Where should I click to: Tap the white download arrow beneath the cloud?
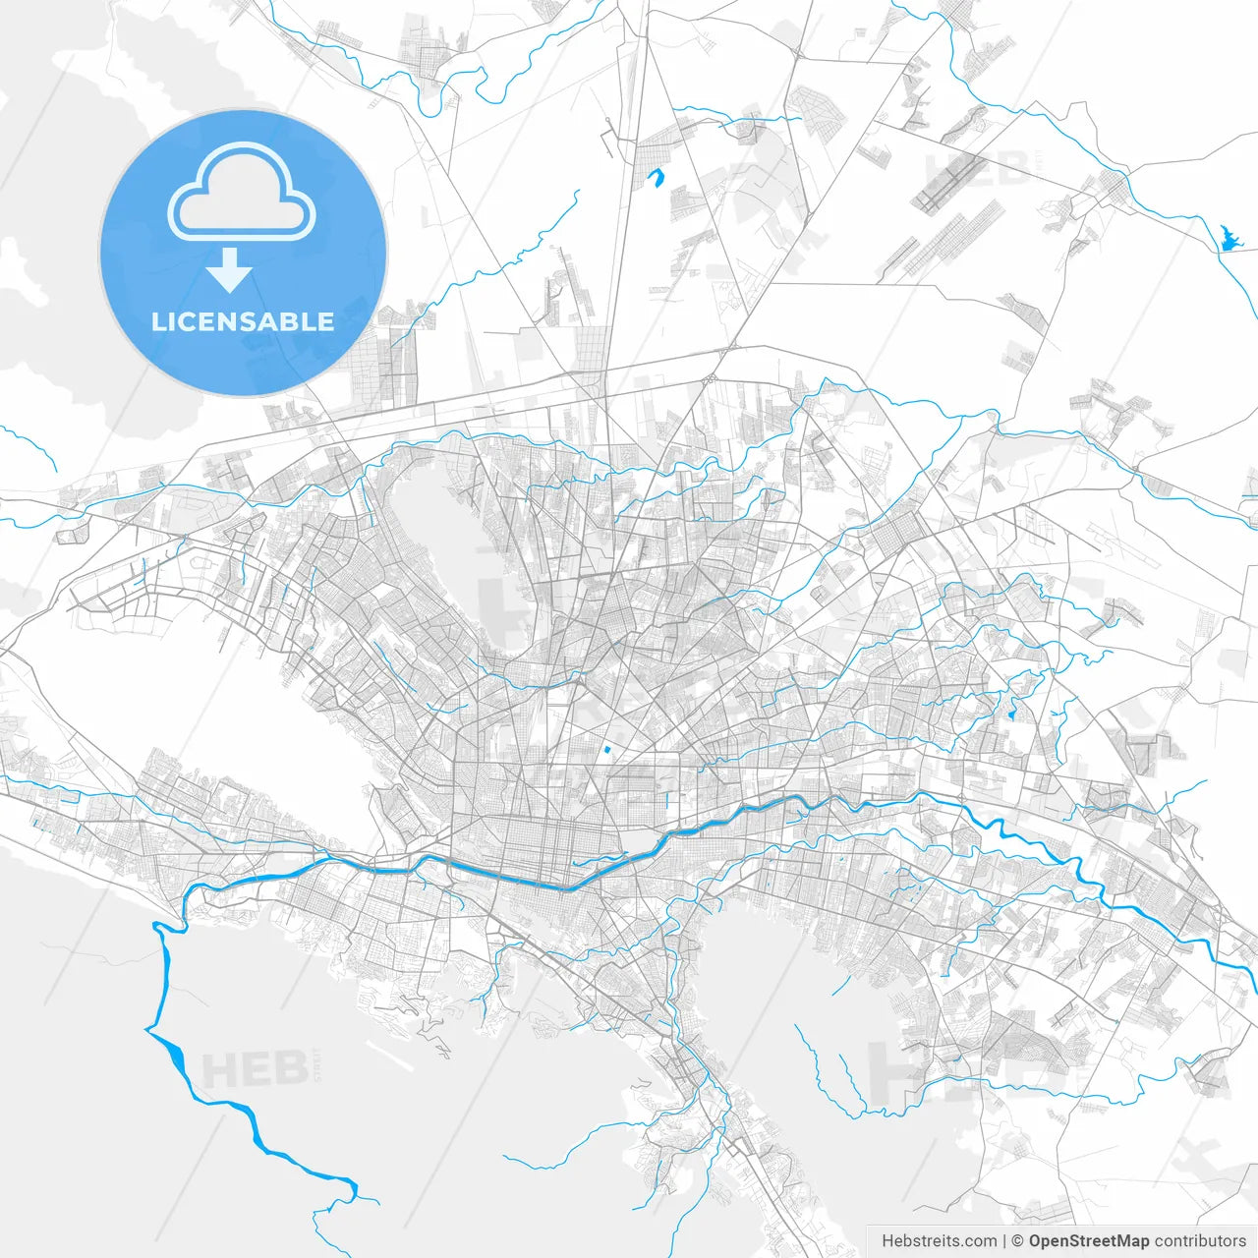[x=230, y=270]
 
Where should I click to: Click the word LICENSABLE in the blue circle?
[x=243, y=321]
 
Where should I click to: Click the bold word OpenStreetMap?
[x=1089, y=1241]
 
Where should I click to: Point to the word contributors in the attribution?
[x=1199, y=1241]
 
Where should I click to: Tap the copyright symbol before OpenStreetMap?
[x=1018, y=1241]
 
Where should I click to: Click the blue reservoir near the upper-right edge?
[x=1227, y=238]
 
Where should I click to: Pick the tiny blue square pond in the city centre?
[x=606, y=751]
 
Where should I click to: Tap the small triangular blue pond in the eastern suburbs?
[x=1011, y=711]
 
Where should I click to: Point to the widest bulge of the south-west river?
[x=175, y=1057]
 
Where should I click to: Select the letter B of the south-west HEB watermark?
[x=287, y=1068]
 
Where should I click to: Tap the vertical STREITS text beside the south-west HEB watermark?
[x=316, y=1063]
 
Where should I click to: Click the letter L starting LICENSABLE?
[x=158, y=321]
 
